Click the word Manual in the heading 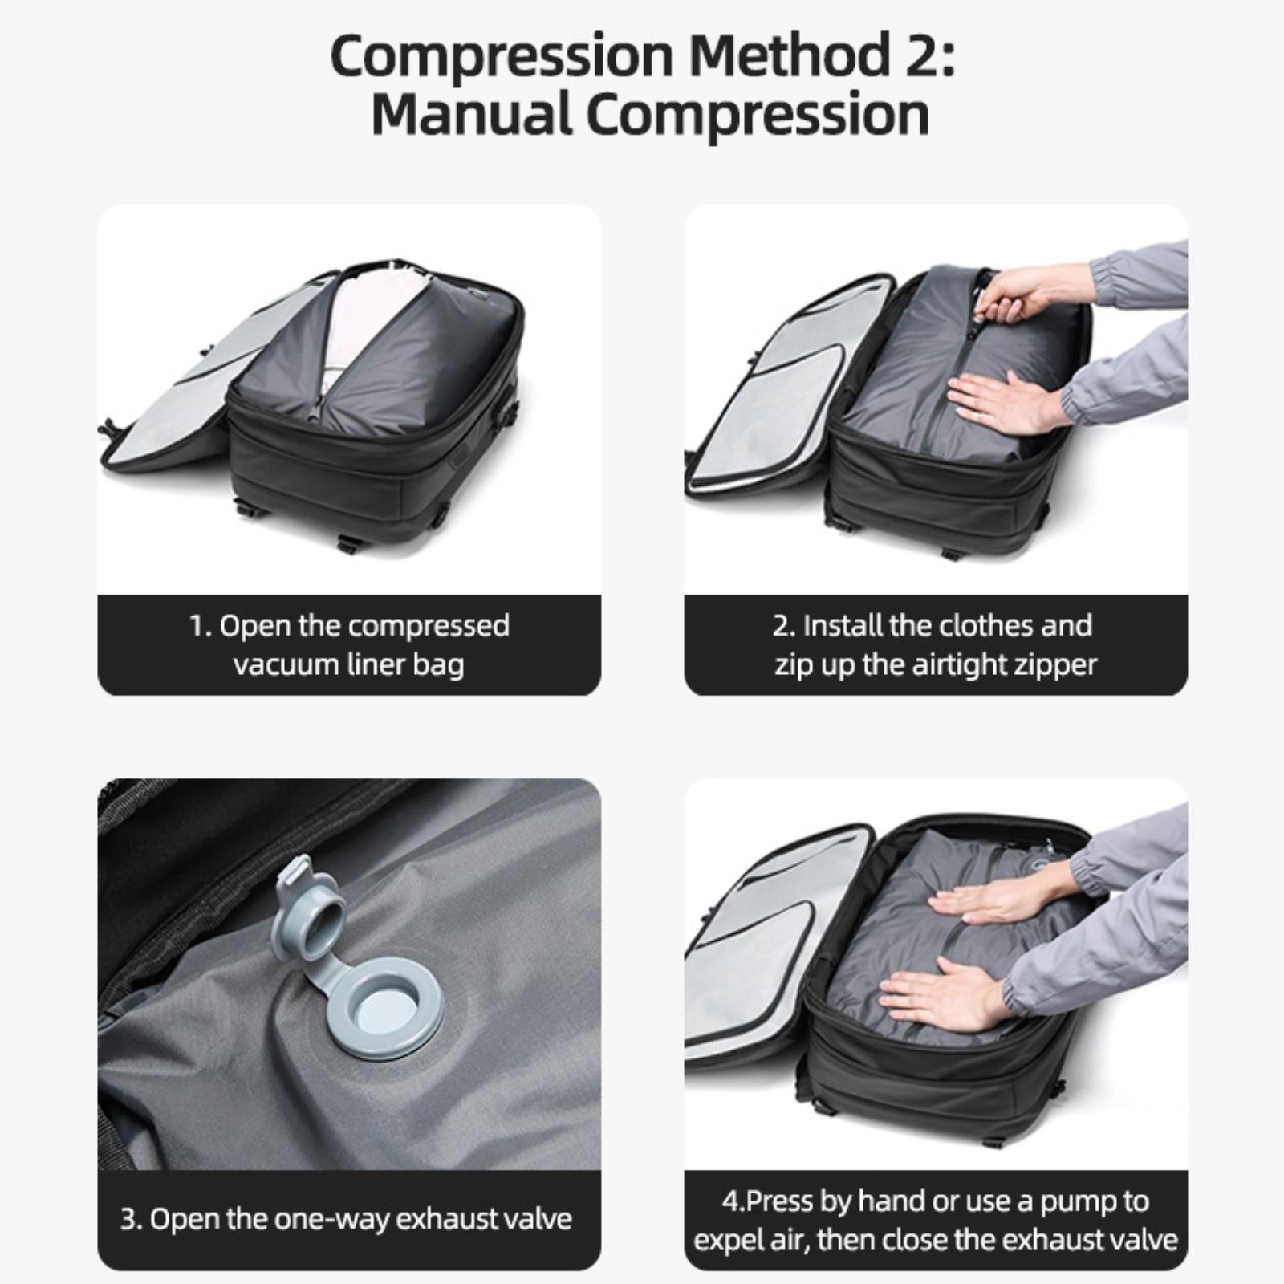click(472, 114)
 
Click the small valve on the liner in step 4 click(1043, 861)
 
